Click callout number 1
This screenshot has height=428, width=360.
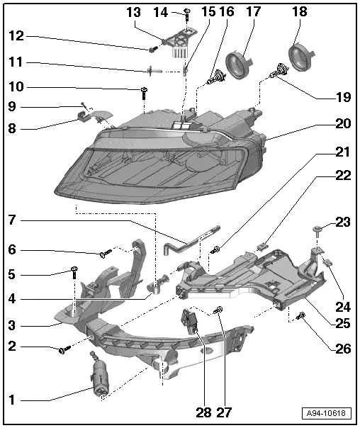pyautogui.click(x=11, y=400)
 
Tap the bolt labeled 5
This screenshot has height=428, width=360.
pyautogui.click(x=74, y=270)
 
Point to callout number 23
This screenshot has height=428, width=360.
pyautogui.click(x=342, y=222)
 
